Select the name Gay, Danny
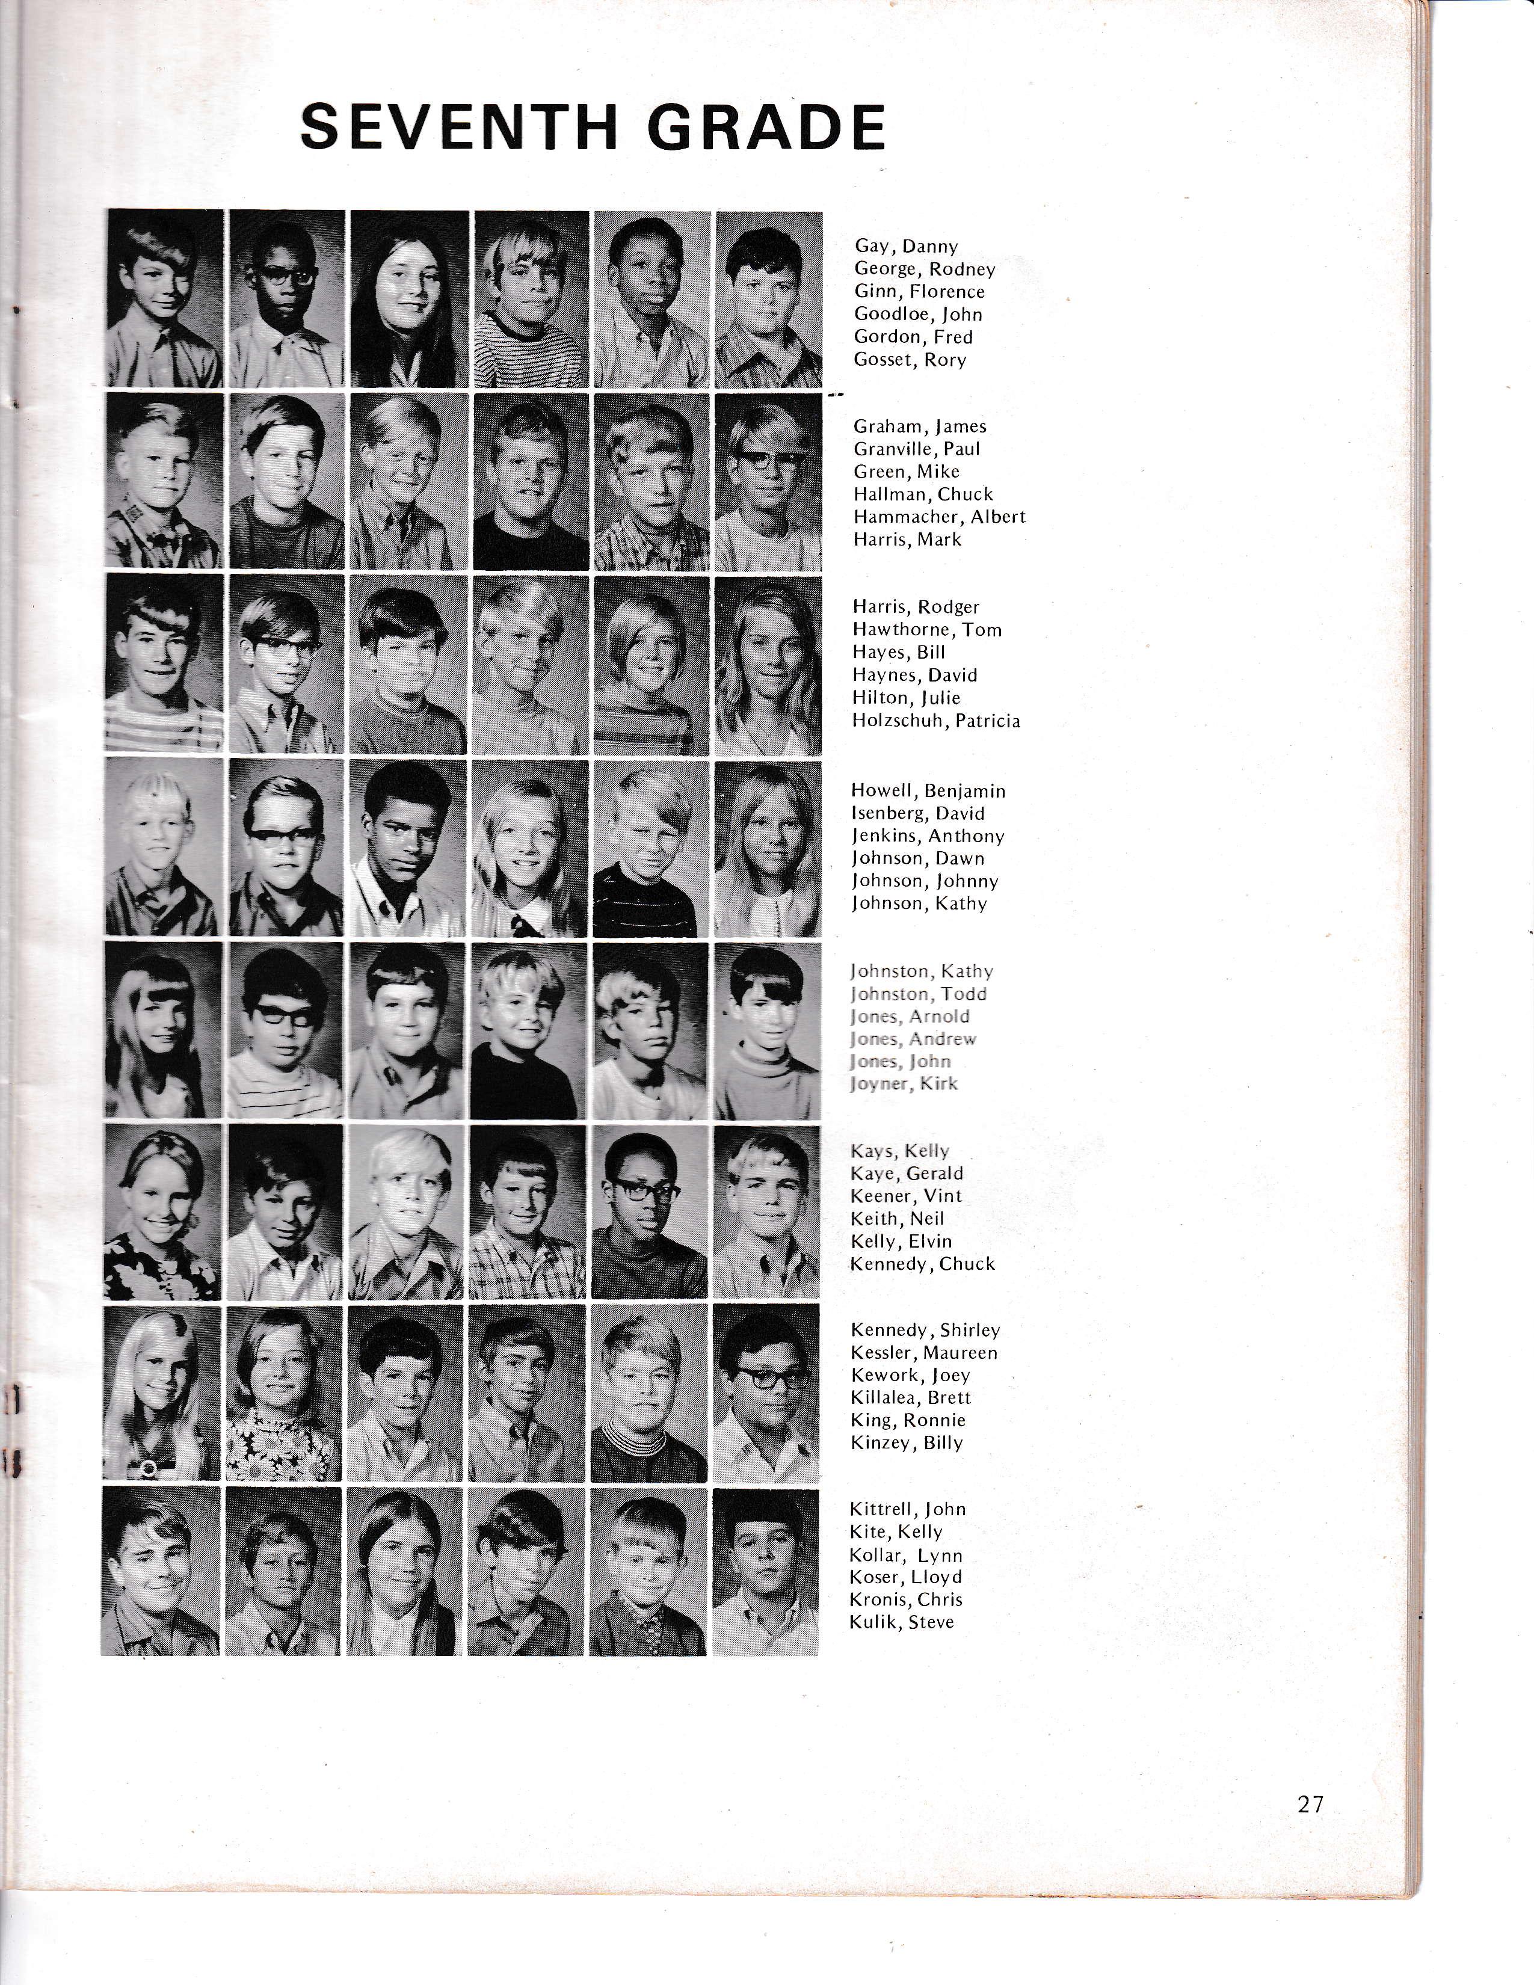[x=906, y=246]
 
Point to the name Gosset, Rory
[x=910, y=360]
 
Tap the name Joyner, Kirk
[x=904, y=1085]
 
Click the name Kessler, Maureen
[x=924, y=1353]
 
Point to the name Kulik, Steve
[x=902, y=1622]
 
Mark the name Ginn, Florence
[x=919, y=292]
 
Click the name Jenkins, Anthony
[x=928, y=836]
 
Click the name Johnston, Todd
[x=919, y=994]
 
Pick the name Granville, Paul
[x=917, y=449]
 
